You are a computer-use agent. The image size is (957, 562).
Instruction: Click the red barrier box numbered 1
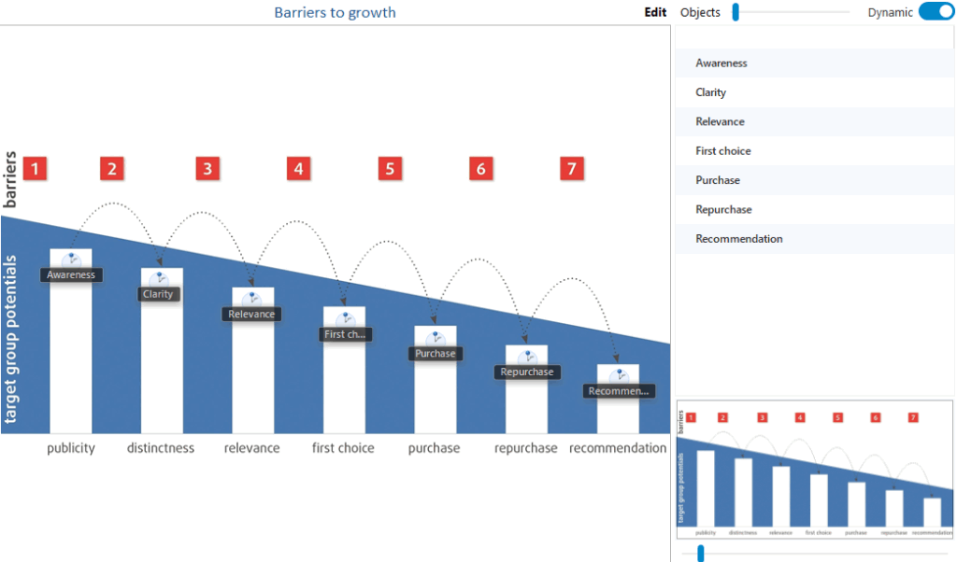(x=36, y=169)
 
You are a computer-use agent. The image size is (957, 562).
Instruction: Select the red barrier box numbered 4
(x=298, y=169)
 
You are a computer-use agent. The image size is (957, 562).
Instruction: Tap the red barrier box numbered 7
(x=572, y=169)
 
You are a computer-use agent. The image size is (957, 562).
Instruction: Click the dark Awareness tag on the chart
(x=72, y=275)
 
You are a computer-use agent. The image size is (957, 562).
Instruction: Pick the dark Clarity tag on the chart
(x=159, y=294)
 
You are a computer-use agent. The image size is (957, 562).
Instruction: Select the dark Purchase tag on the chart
(x=436, y=354)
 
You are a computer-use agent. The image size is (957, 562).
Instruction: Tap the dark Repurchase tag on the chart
(x=527, y=372)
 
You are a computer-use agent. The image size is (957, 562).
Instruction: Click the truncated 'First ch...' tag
(x=346, y=334)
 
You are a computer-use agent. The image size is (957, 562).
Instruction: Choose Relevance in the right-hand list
(x=721, y=121)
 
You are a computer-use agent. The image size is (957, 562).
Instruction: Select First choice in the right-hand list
(x=723, y=151)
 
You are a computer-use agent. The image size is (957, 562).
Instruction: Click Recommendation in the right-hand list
(x=739, y=239)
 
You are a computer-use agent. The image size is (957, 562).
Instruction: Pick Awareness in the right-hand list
(x=721, y=63)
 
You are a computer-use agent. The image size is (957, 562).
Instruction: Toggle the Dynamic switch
(x=936, y=12)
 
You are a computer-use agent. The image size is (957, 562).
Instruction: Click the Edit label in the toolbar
(x=655, y=13)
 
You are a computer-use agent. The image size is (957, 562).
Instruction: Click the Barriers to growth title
(x=335, y=13)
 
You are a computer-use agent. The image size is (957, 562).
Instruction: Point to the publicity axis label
(x=71, y=448)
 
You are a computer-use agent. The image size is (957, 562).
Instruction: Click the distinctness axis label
(x=161, y=448)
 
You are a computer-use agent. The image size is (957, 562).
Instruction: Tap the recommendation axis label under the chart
(x=618, y=448)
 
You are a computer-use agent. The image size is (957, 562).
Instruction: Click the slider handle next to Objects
(x=736, y=12)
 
